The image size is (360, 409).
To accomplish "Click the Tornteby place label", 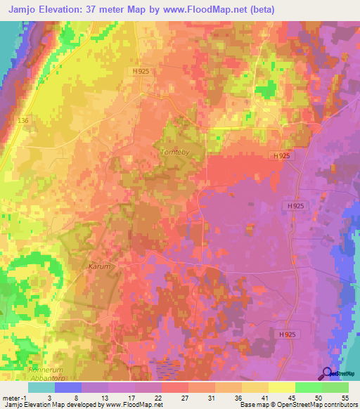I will click(173, 152).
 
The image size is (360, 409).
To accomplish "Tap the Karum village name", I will click(101, 268).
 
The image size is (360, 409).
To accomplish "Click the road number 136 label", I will click(24, 121).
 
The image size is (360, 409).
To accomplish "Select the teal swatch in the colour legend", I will click(41, 387).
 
